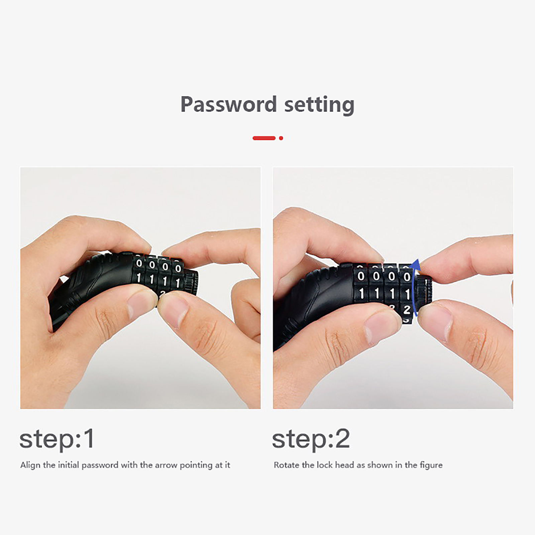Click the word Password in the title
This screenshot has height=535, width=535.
pyautogui.click(x=228, y=104)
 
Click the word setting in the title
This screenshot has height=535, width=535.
pyautogui.click(x=319, y=105)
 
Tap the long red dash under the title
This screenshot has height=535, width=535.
pyautogui.click(x=264, y=138)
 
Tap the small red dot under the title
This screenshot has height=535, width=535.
pyautogui.click(x=281, y=138)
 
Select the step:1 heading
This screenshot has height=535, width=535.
pyautogui.click(x=57, y=439)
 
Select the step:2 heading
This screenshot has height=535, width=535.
pyautogui.click(x=311, y=439)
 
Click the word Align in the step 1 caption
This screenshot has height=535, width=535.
pyautogui.click(x=30, y=465)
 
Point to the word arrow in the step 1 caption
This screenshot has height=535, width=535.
pyautogui.click(x=166, y=465)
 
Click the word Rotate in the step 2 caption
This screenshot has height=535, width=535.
pyautogui.click(x=285, y=465)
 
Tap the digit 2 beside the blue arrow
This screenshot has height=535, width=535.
pyautogui.click(x=407, y=310)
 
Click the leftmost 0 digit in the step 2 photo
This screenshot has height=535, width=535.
pyautogui.click(x=361, y=276)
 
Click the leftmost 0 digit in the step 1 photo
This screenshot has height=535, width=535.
pyautogui.click(x=139, y=263)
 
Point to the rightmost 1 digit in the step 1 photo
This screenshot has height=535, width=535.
pyautogui.click(x=178, y=283)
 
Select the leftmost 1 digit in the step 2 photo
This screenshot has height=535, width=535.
pyautogui.click(x=361, y=294)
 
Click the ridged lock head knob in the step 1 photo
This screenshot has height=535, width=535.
pyautogui.click(x=191, y=282)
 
